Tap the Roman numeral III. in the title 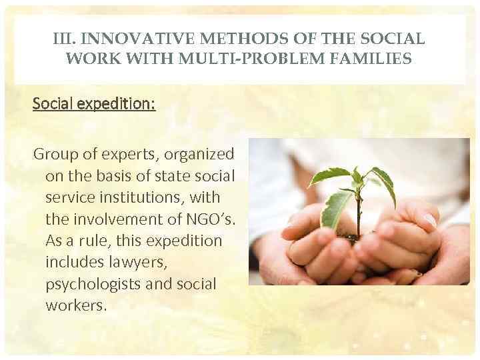coord(64,39)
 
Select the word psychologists coord(90,283)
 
